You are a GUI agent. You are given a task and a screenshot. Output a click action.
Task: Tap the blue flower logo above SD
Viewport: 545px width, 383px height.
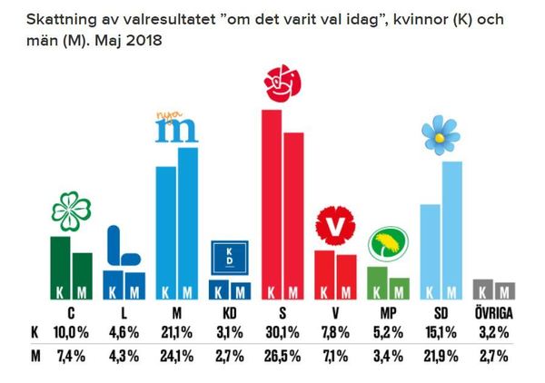(441, 136)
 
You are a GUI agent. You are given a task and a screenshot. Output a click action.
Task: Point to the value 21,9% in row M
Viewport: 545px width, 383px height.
(441, 355)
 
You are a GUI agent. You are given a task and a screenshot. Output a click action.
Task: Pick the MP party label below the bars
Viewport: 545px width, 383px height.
(388, 313)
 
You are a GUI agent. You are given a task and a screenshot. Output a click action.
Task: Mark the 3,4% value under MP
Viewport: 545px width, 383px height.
(388, 355)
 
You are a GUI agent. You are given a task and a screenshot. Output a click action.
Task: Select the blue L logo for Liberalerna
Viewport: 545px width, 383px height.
(122, 245)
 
